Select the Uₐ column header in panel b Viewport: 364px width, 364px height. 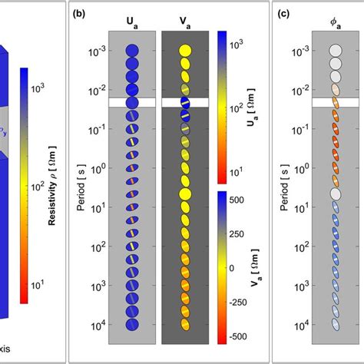click(132, 15)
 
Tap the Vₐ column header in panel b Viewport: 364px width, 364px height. click(184, 15)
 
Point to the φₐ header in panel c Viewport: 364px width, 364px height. click(336, 15)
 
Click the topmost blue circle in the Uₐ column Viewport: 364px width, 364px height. click(132, 51)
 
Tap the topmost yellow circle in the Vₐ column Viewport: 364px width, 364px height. click(184, 51)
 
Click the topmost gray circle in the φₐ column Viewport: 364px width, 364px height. click(336, 51)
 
